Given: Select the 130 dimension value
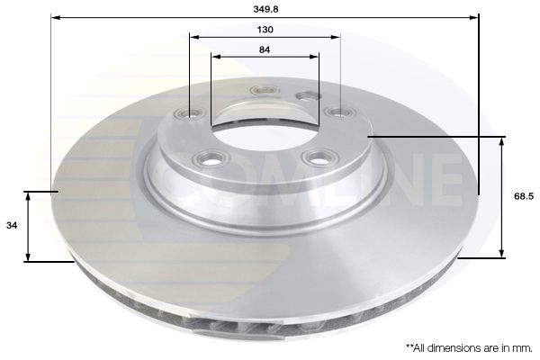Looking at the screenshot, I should (265, 29).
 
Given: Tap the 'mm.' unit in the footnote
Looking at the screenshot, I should (523, 346).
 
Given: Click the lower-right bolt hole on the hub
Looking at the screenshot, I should (314, 157).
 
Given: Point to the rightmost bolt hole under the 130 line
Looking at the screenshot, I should (339, 112).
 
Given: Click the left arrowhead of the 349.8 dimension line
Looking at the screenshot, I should (55, 16).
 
